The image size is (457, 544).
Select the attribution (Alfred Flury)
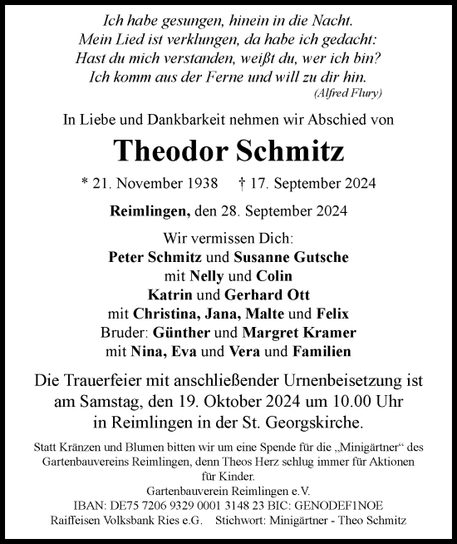pyautogui.click(x=351, y=91)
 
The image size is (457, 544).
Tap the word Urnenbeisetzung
pyautogui.click(x=341, y=381)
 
